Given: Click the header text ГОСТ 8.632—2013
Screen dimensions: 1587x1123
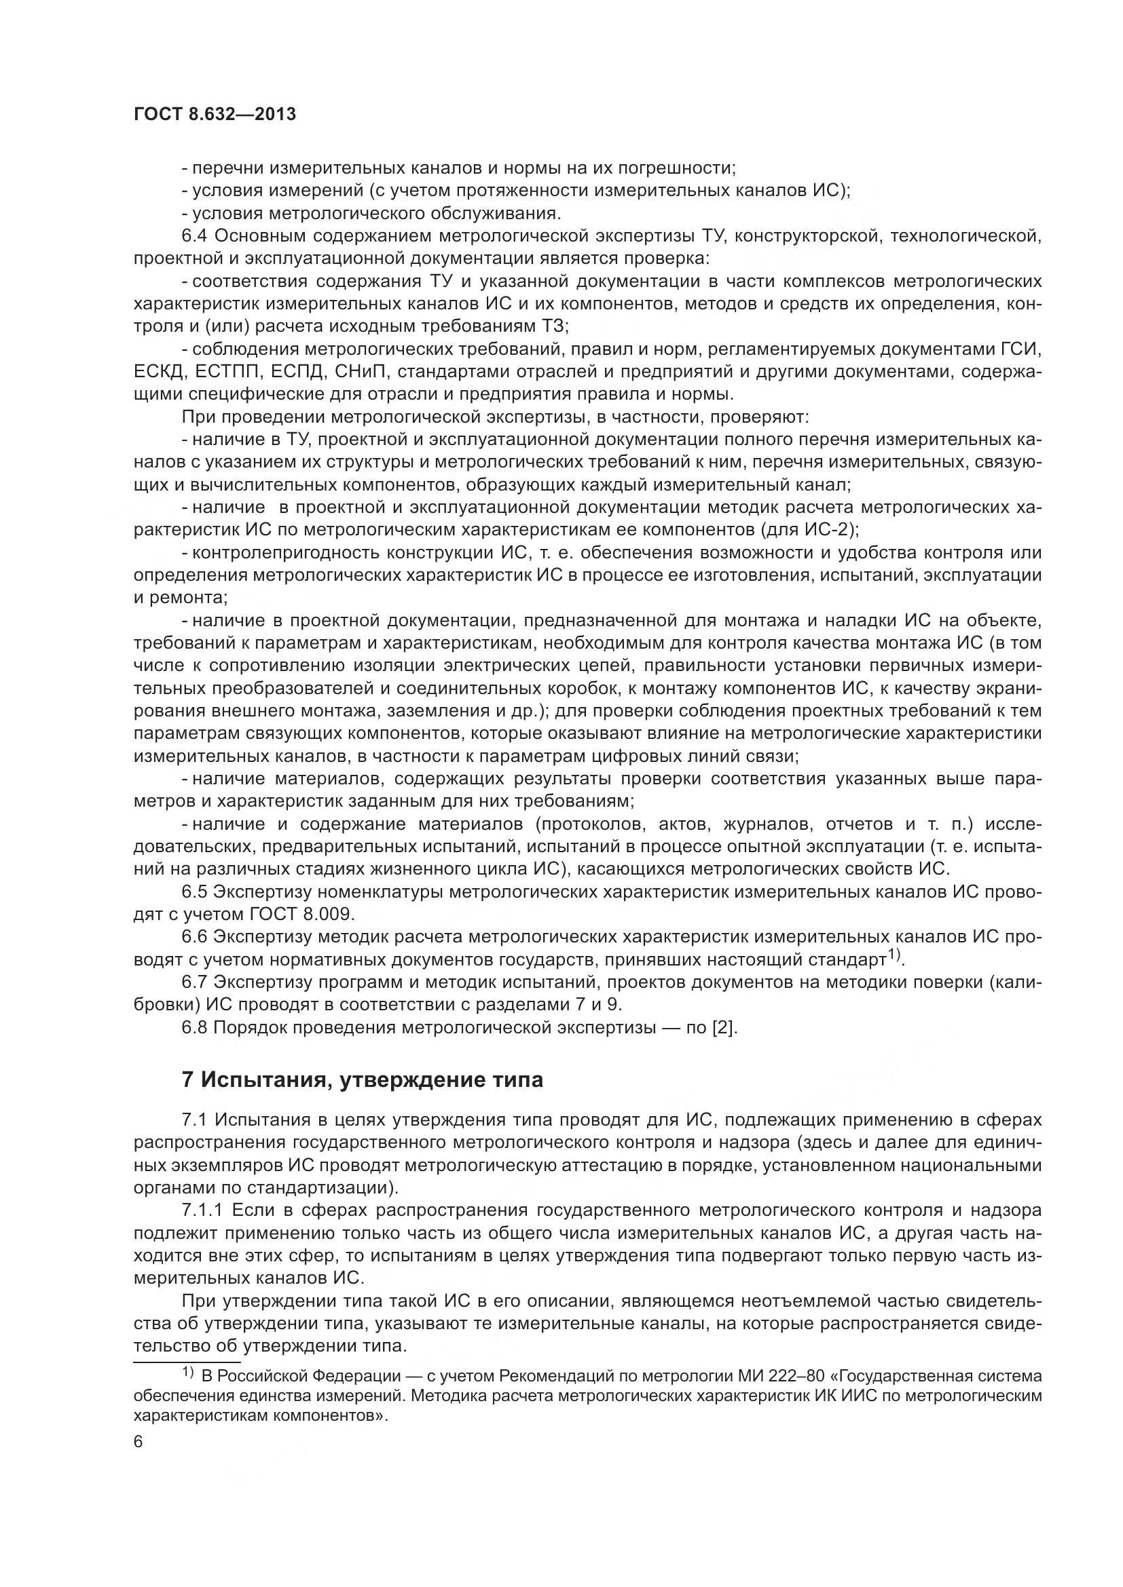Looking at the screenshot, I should pos(215,115).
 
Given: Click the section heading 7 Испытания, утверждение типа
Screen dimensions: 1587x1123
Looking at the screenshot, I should pos(362,1079).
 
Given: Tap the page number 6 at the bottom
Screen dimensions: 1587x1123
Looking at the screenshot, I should pos(139,1442).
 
